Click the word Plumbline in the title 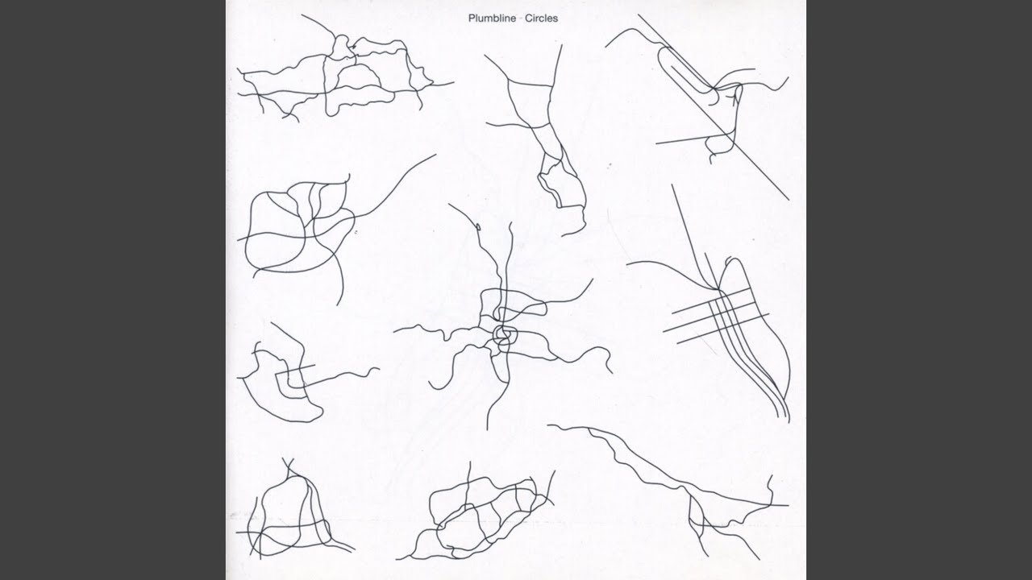(x=493, y=19)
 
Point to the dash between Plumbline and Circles (x=521, y=19)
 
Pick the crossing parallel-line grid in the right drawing (x=715, y=316)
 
